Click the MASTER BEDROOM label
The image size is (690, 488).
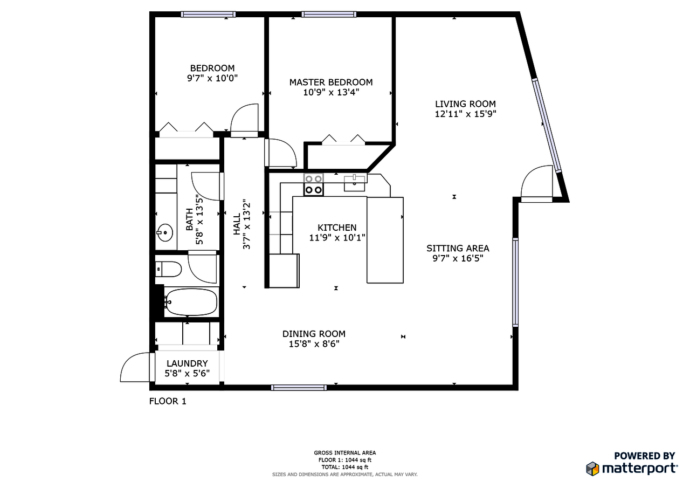(330, 82)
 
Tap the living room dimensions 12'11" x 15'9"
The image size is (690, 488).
(465, 114)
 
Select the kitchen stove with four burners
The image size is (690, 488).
(313, 184)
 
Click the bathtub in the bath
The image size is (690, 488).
(191, 302)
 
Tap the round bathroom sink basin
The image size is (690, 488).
(165, 233)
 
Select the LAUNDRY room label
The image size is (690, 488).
(187, 363)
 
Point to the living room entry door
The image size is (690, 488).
(537, 184)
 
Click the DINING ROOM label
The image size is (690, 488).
(314, 334)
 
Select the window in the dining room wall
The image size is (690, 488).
(299, 387)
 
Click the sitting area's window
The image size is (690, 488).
(515, 282)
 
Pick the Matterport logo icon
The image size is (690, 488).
(593, 468)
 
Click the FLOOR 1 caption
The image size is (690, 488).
(168, 401)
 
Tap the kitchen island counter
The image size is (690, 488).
(385, 240)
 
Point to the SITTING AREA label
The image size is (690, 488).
(458, 248)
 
